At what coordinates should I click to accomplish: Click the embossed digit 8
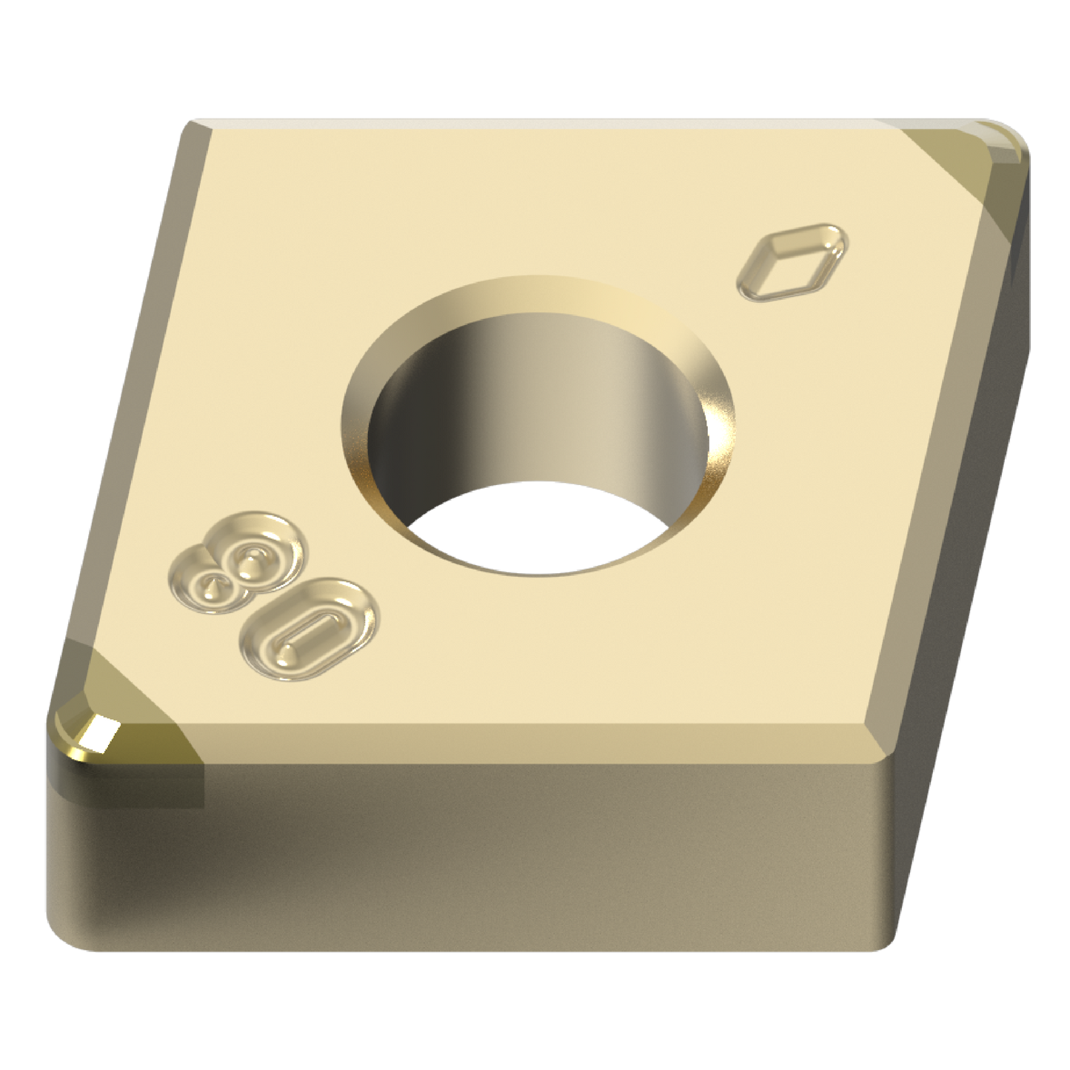point(237,562)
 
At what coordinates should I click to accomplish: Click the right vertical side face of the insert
point(963,518)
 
